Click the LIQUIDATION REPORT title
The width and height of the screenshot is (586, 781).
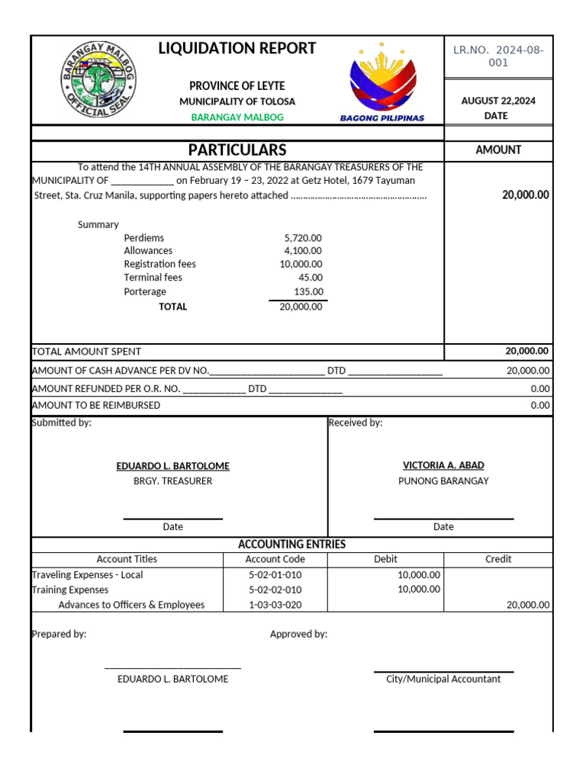[237, 49]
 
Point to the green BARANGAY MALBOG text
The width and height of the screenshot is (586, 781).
[237, 117]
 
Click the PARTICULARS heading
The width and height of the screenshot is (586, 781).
[237, 150]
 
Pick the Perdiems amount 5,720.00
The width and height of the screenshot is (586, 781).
[303, 238]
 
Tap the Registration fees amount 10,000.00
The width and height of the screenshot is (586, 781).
[301, 264]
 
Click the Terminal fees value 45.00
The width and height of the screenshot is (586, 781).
[311, 278]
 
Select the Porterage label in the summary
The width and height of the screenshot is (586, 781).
[145, 291]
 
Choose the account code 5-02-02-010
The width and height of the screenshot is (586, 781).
[275, 590]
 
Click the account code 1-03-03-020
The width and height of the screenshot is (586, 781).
[275, 605]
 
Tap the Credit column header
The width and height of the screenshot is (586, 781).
[498, 559]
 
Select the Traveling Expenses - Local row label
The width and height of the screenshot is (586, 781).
[87, 574]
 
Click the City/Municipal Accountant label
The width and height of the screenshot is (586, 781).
[443, 679]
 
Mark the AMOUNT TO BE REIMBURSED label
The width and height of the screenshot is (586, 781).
[96, 405]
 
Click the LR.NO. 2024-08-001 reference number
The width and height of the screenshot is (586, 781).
[498, 56]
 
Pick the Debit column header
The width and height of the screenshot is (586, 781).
[385, 559]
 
